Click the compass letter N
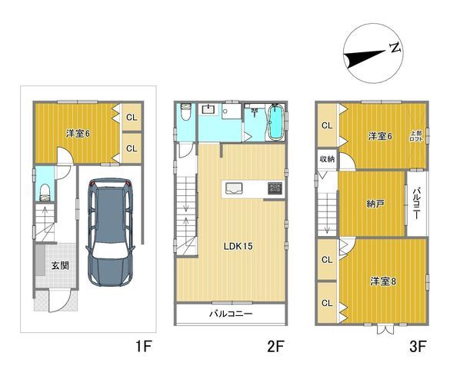tap(395, 48)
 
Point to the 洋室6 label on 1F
tap(77, 133)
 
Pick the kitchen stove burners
tap(275, 188)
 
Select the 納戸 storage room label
tap(375, 204)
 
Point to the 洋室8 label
tap(382, 281)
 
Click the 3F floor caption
tap(416, 347)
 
